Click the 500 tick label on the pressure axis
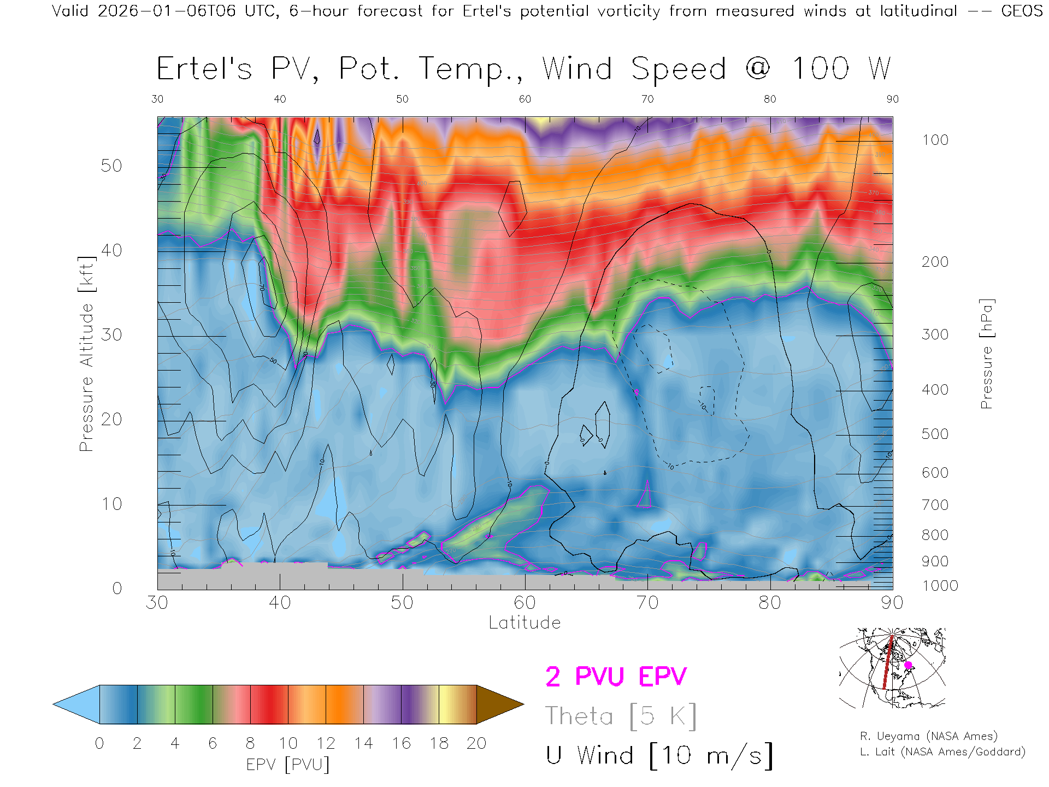tap(935, 434)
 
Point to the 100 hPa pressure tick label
tap(935, 140)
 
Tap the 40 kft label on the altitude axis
tap(111, 250)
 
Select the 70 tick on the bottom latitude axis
tap(647, 602)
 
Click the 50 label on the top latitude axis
tap(402, 99)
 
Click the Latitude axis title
tap(524, 622)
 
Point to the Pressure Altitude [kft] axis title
tap(86, 354)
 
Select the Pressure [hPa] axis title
tap(986, 354)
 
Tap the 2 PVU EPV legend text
tap(616, 677)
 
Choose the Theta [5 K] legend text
tap(620, 716)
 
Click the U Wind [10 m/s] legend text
tap(659, 755)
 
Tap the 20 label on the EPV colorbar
tap(476, 743)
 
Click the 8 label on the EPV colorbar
tap(250, 743)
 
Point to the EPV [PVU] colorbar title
tap(288, 764)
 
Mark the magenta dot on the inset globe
tap(908, 665)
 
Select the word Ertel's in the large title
tap(204, 69)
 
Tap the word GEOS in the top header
tap(1022, 11)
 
